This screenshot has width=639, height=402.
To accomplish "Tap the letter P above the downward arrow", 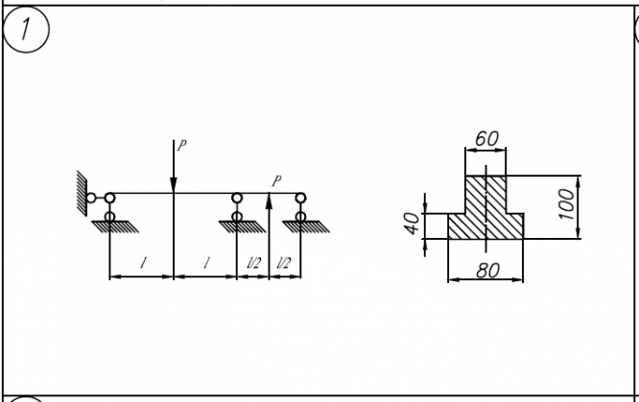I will coord(180,145).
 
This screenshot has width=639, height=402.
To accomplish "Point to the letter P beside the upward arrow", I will coord(277,179).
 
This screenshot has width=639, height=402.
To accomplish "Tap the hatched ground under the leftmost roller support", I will coord(109,226).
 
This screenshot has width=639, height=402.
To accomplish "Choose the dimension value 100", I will coord(566,204).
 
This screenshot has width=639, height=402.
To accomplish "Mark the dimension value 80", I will coord(486,271).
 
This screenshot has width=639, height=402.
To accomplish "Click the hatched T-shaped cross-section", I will coord(485,213).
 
